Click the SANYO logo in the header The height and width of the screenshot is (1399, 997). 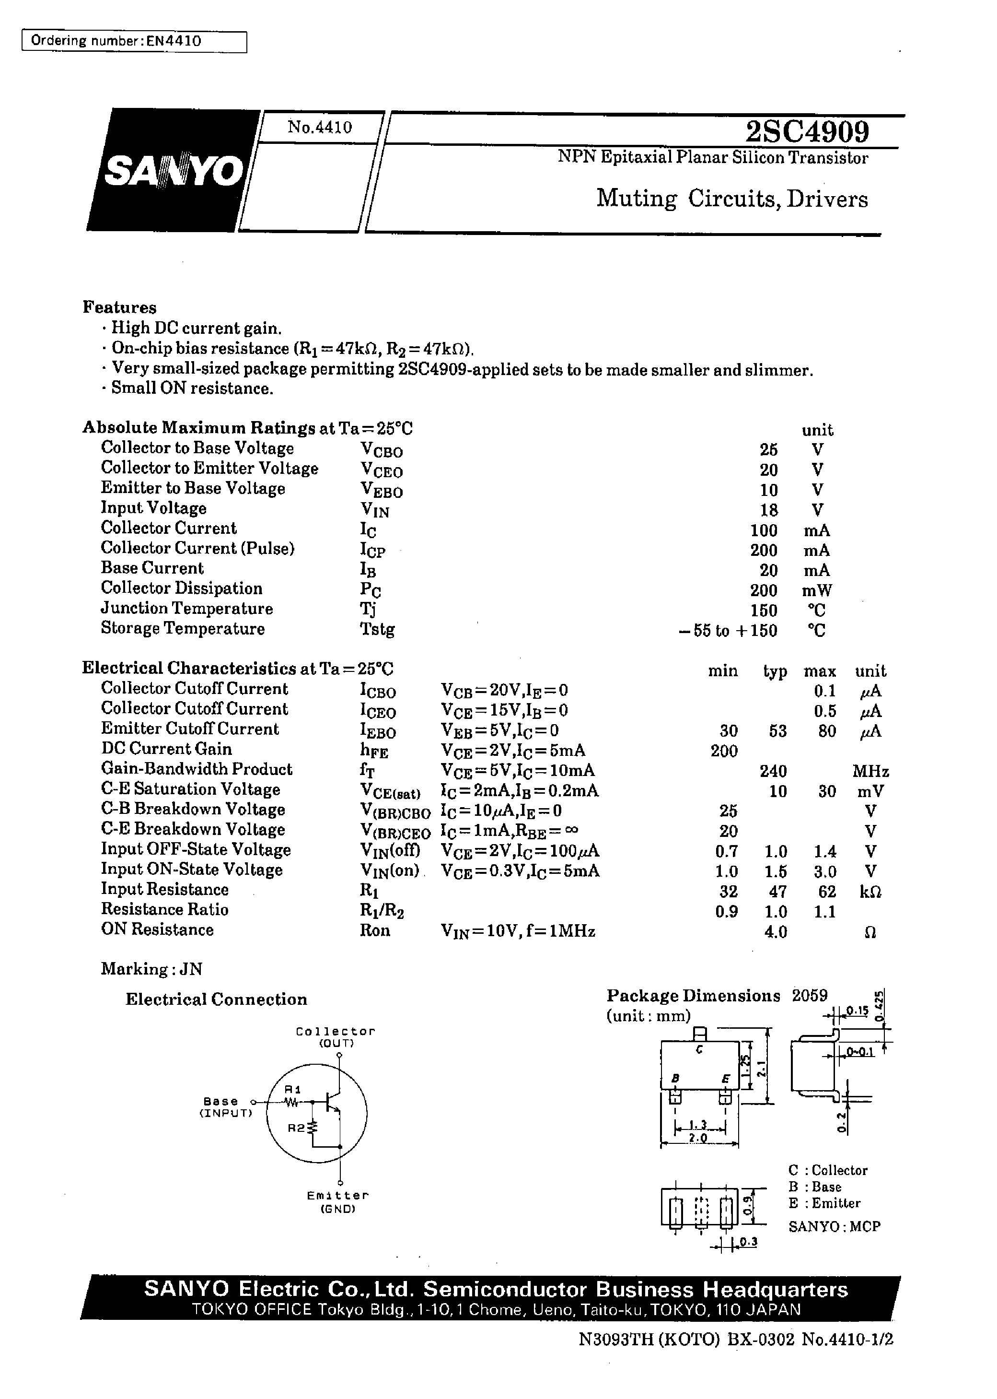(x=173, y=171)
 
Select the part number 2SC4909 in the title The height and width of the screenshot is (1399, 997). (x=807, y=131)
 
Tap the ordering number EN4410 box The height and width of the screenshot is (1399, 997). (x=134, y=42)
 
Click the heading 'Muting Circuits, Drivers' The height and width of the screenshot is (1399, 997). (x=732, y=199)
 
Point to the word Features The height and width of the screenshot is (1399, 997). (x=120, y=307)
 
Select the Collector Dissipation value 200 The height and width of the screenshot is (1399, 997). (x=763, y=590)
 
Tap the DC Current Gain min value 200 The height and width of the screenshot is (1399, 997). (x=724, y=751)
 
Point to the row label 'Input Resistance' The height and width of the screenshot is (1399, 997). (x=164, y=889)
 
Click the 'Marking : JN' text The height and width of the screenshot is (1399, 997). (x=151, y=969)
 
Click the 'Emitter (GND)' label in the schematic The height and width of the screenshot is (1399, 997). (x=337, y=1202)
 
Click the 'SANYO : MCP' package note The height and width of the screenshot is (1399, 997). (x=835, y=1226)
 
